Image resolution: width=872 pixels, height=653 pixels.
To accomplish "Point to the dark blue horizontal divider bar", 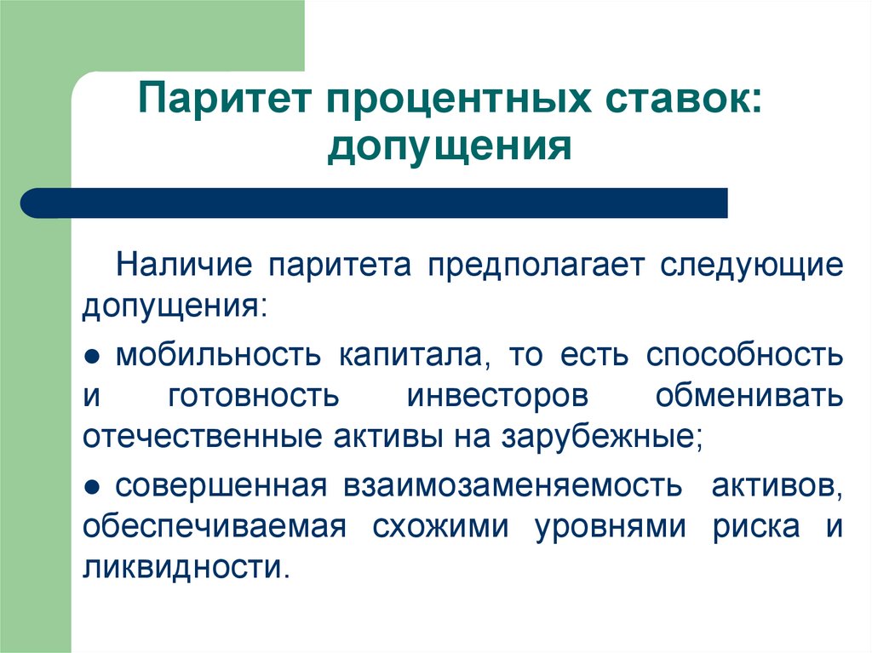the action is tap(374, 203).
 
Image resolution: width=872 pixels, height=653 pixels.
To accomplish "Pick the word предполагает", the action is tap(536, 266).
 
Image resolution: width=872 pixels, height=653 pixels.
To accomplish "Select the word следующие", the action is tap(752, 266).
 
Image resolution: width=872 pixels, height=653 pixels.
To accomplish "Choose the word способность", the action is tap(744, 355).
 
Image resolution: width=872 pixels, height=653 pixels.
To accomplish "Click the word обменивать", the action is tap(749, 396).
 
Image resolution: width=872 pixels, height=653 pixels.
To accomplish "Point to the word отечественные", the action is tap(202, 438).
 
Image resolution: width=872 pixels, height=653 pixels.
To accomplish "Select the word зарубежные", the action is tap(602, 438).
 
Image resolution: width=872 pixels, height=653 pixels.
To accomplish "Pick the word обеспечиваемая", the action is tap(214, 527).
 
